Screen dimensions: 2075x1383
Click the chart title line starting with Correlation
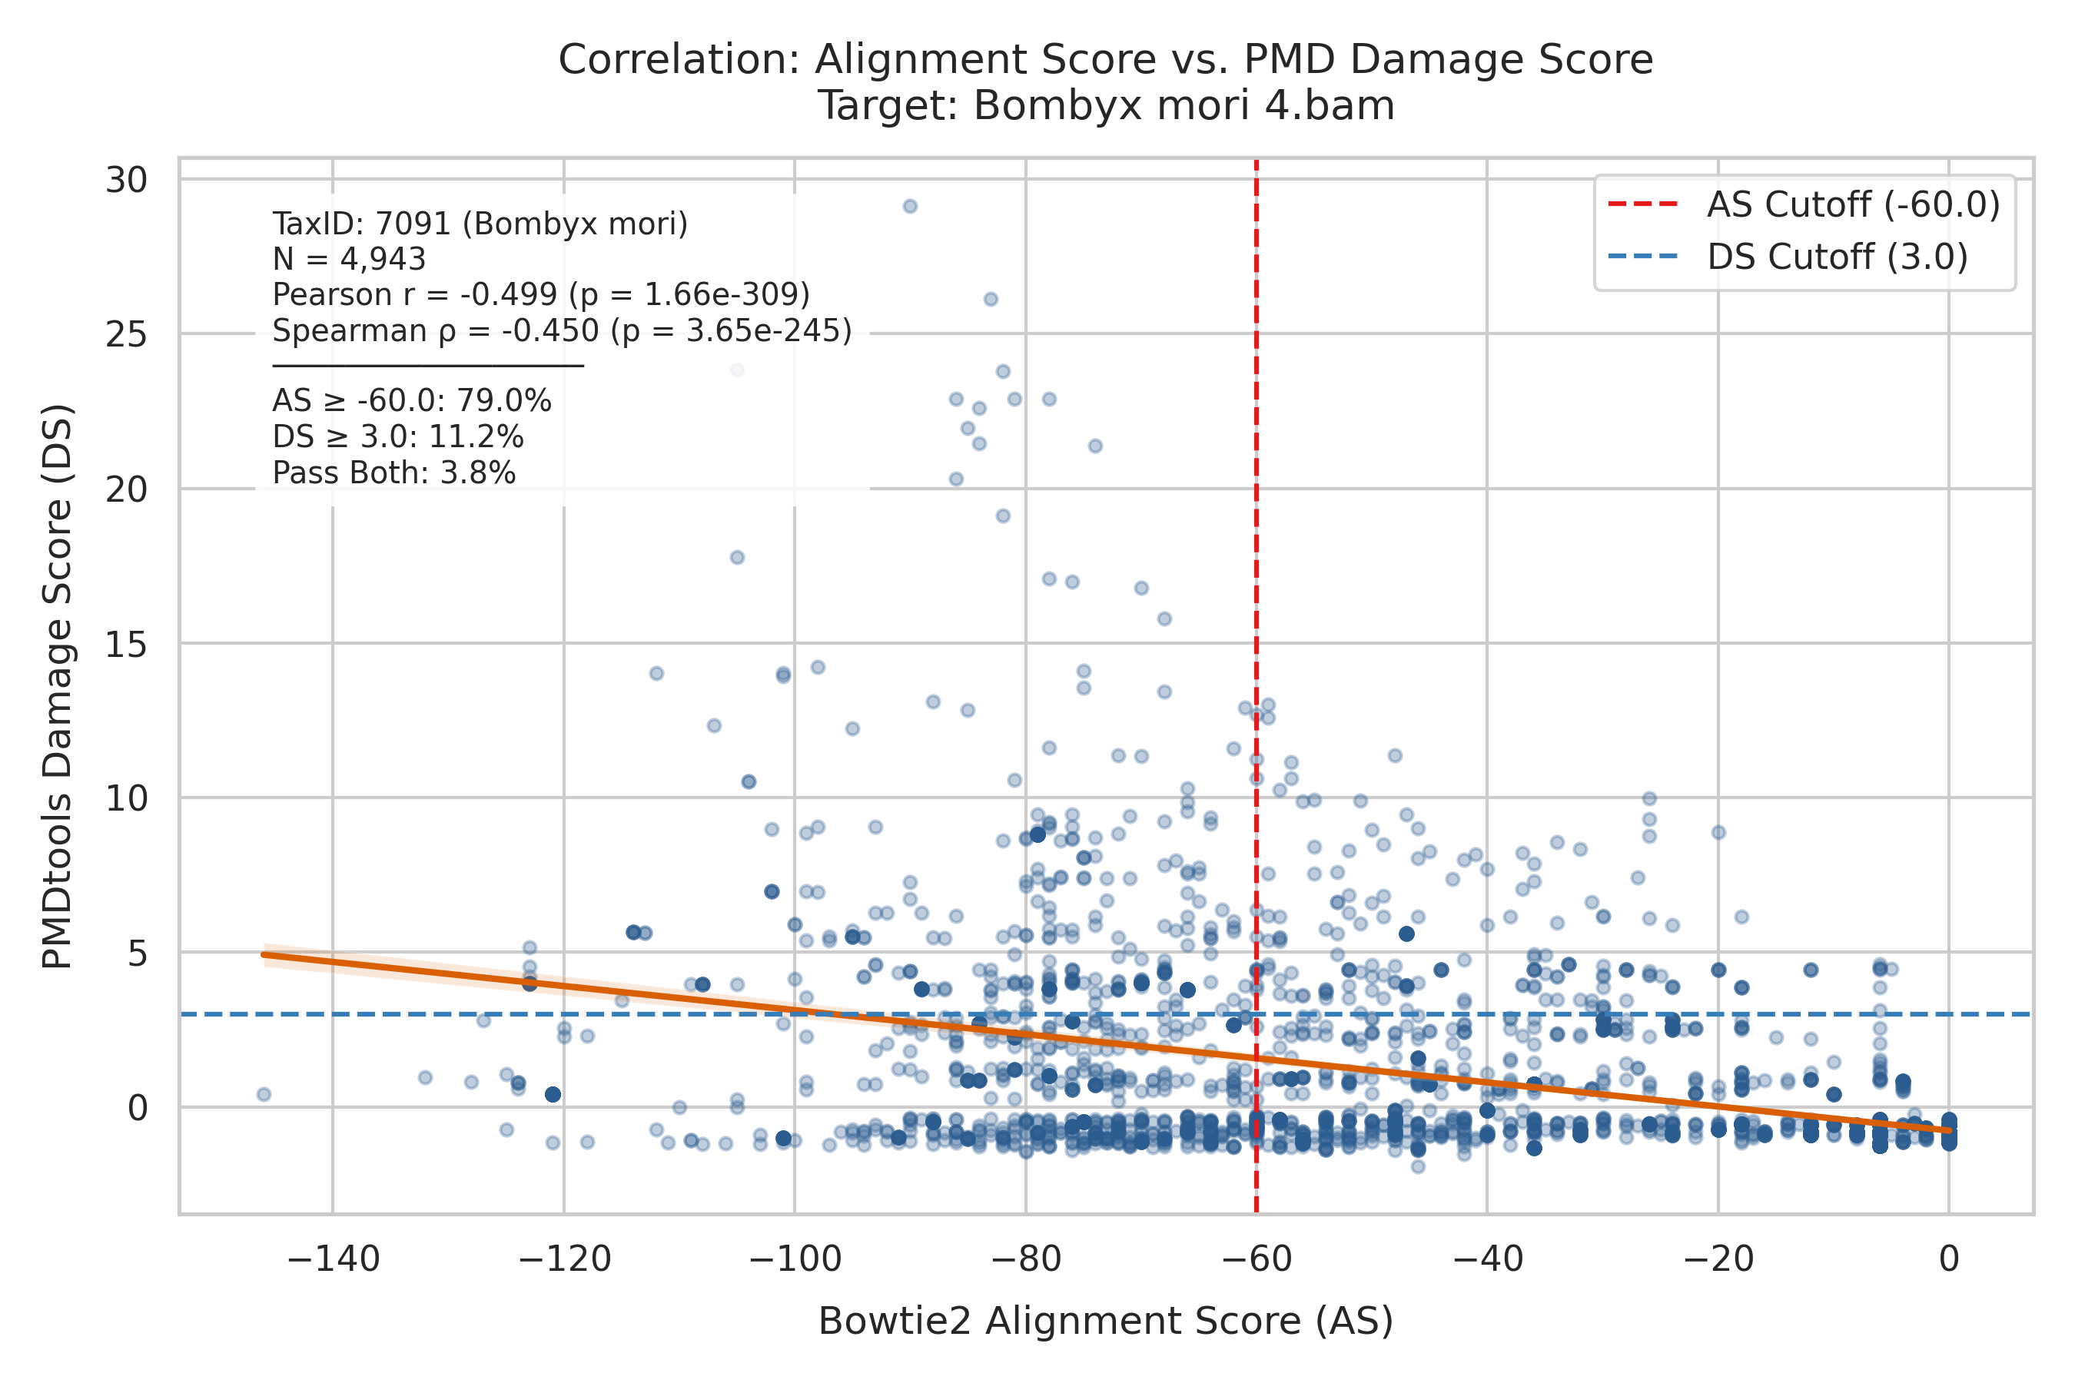click(1105, 60)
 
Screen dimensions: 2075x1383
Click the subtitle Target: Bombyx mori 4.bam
click(1105, 106)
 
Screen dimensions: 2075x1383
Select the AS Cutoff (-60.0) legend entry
click(1804, 204)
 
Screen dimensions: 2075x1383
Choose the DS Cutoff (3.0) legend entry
click(1788, 257)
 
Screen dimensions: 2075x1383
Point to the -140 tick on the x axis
click(334, 1259)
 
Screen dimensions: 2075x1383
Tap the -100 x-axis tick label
click(795, 1259)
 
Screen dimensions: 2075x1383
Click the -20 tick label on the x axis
click(1718, 1259)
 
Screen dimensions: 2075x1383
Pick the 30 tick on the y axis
click(126, 180)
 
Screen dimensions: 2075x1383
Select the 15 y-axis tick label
click(126, 644)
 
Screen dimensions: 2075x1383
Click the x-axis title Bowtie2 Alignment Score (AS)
click(1105, 1322)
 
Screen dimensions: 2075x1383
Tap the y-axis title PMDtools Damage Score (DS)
click(58, 686)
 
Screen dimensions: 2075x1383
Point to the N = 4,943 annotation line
click(350, 260)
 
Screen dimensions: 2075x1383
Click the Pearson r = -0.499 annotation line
click(542, 294)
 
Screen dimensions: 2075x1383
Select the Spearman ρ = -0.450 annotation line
click(563, 330)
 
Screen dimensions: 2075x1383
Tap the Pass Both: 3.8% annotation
click(394, 473)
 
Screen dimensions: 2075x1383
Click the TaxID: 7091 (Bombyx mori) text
click(480, 224)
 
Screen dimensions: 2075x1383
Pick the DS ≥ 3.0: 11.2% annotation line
click(398, 437)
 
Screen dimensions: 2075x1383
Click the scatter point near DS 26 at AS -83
click(991, 299)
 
